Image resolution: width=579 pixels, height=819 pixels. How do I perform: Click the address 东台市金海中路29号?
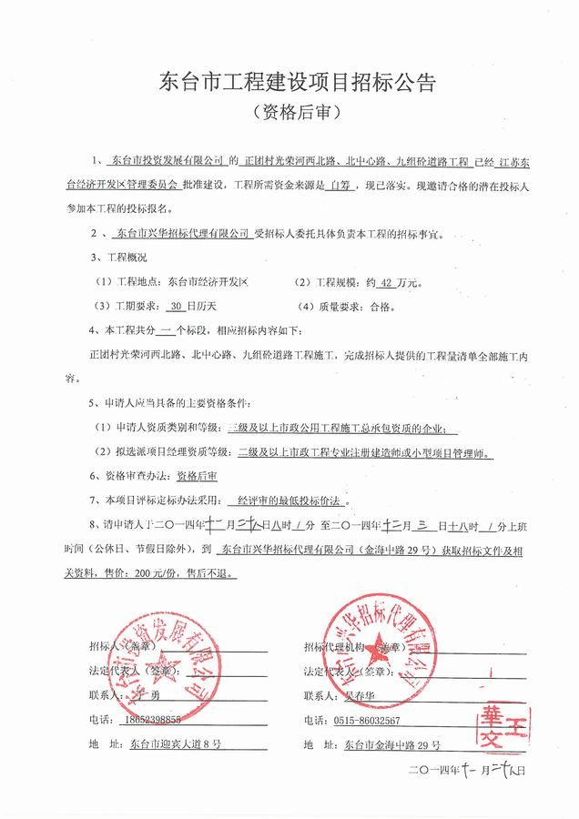(x=393, y=744)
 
